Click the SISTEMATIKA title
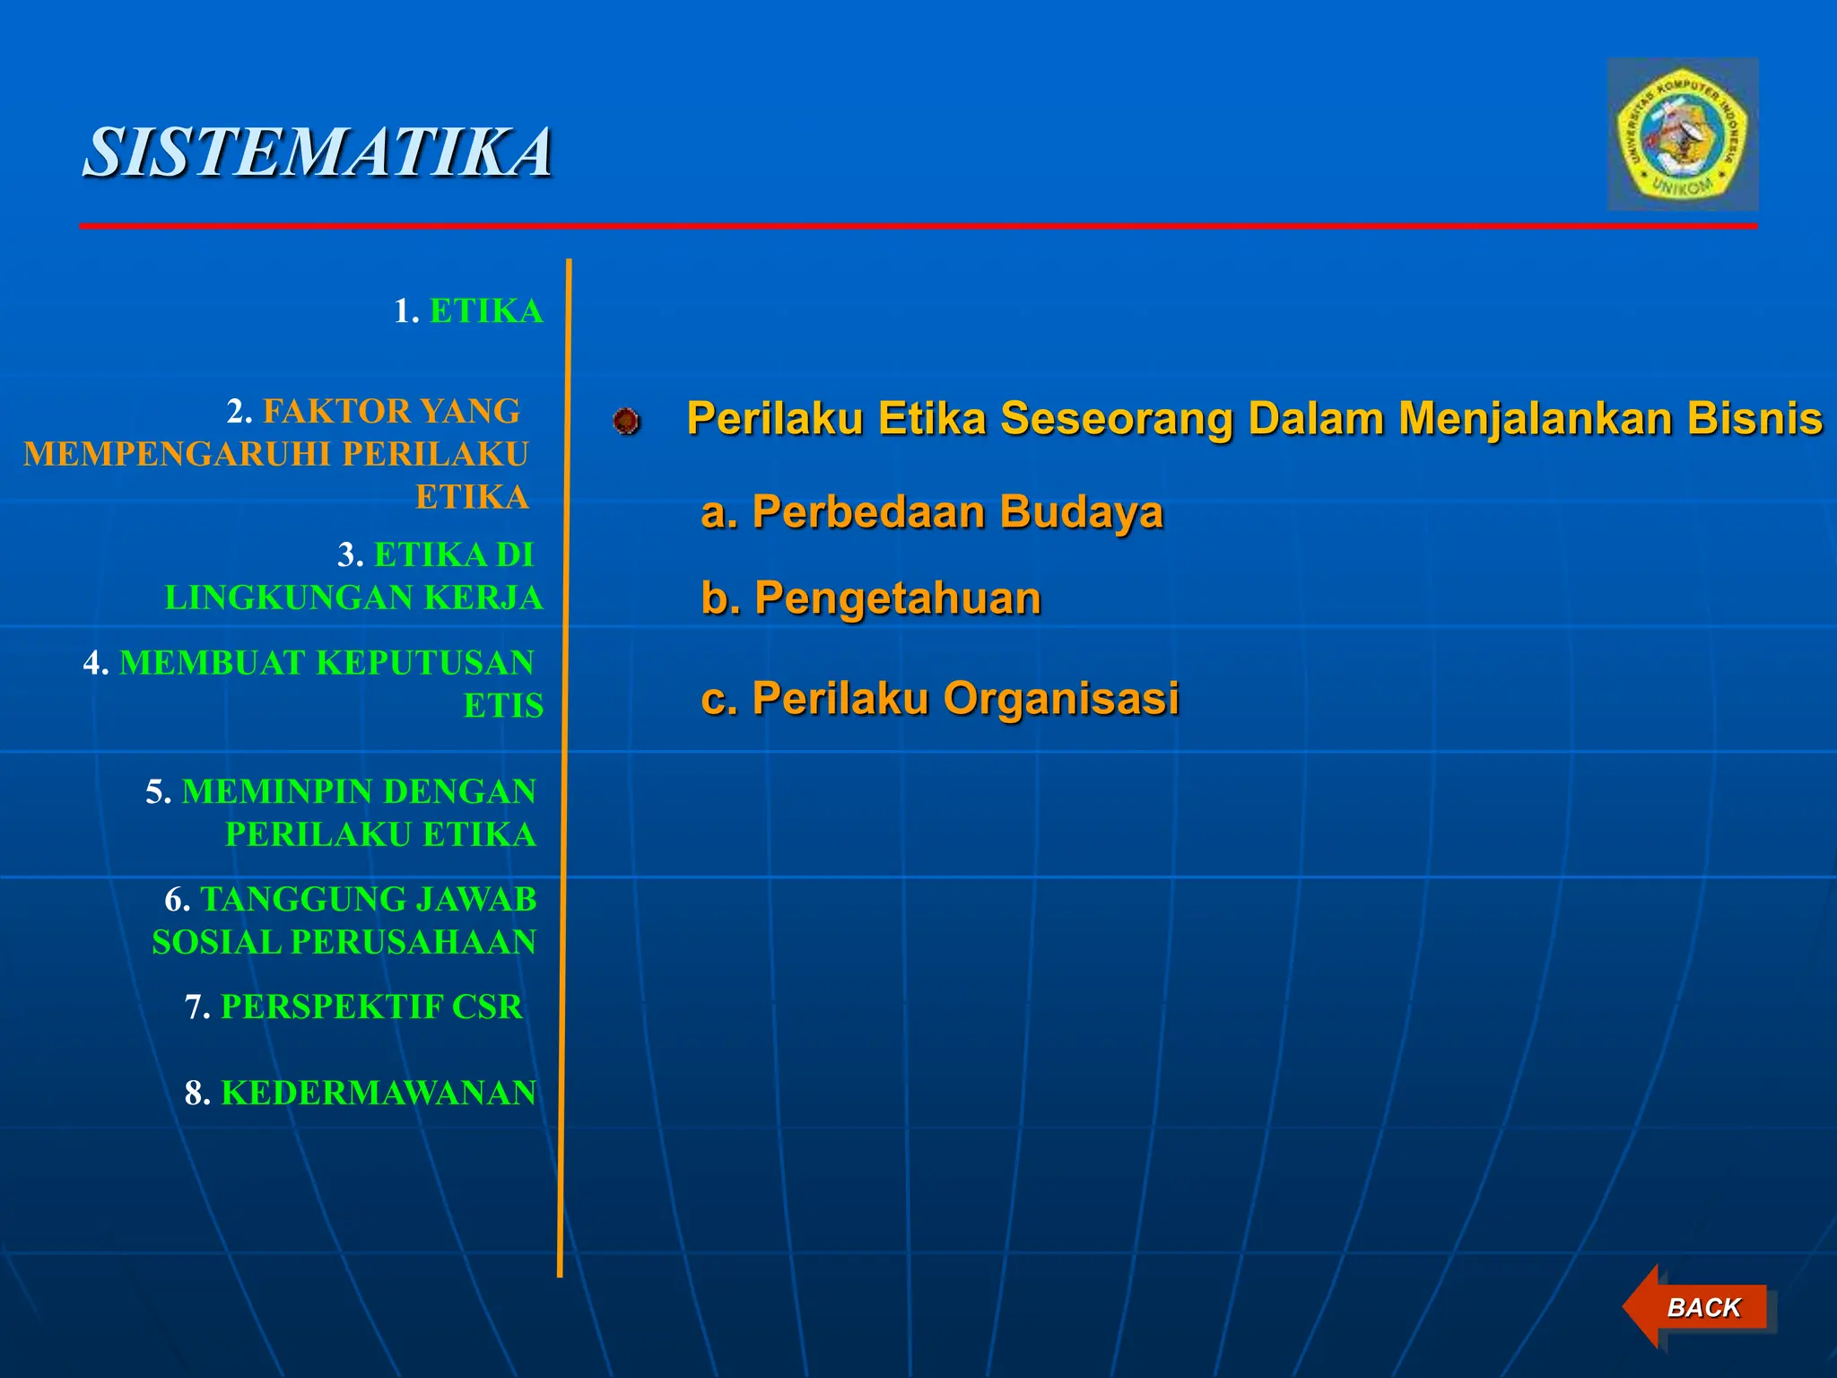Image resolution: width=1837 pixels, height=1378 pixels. pyautogui.click(x=318, y=153)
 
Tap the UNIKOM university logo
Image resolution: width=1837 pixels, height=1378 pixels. pyautogui.click(x=1682, y=135)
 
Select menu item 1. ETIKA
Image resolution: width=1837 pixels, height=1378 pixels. pyautogui.click(x=468, y=311)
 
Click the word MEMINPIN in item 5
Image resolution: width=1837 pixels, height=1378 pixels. pyautogui.click(x=277, y=792)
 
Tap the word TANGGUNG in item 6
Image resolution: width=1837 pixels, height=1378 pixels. pyautogui.click(x=287, y=900)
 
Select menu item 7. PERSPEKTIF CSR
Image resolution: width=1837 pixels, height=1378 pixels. pyautogui.click(x=354, y=1007)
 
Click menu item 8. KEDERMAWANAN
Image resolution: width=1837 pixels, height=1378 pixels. pyautogui.click(x=360, y=1093)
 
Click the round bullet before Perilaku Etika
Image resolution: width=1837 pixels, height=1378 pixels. pyautogui.click(x=627, y=421)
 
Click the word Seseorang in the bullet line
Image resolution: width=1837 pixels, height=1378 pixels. pyautogui.click(x=1119, y=419)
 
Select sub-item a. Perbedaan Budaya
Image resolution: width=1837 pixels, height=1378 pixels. pyautogui.click(x=931, y=512)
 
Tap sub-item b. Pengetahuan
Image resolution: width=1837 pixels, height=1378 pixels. pyautogui.click(x=871, y=598)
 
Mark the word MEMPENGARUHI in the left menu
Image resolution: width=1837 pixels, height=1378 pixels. pyautogui.click(x=177, y=455)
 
